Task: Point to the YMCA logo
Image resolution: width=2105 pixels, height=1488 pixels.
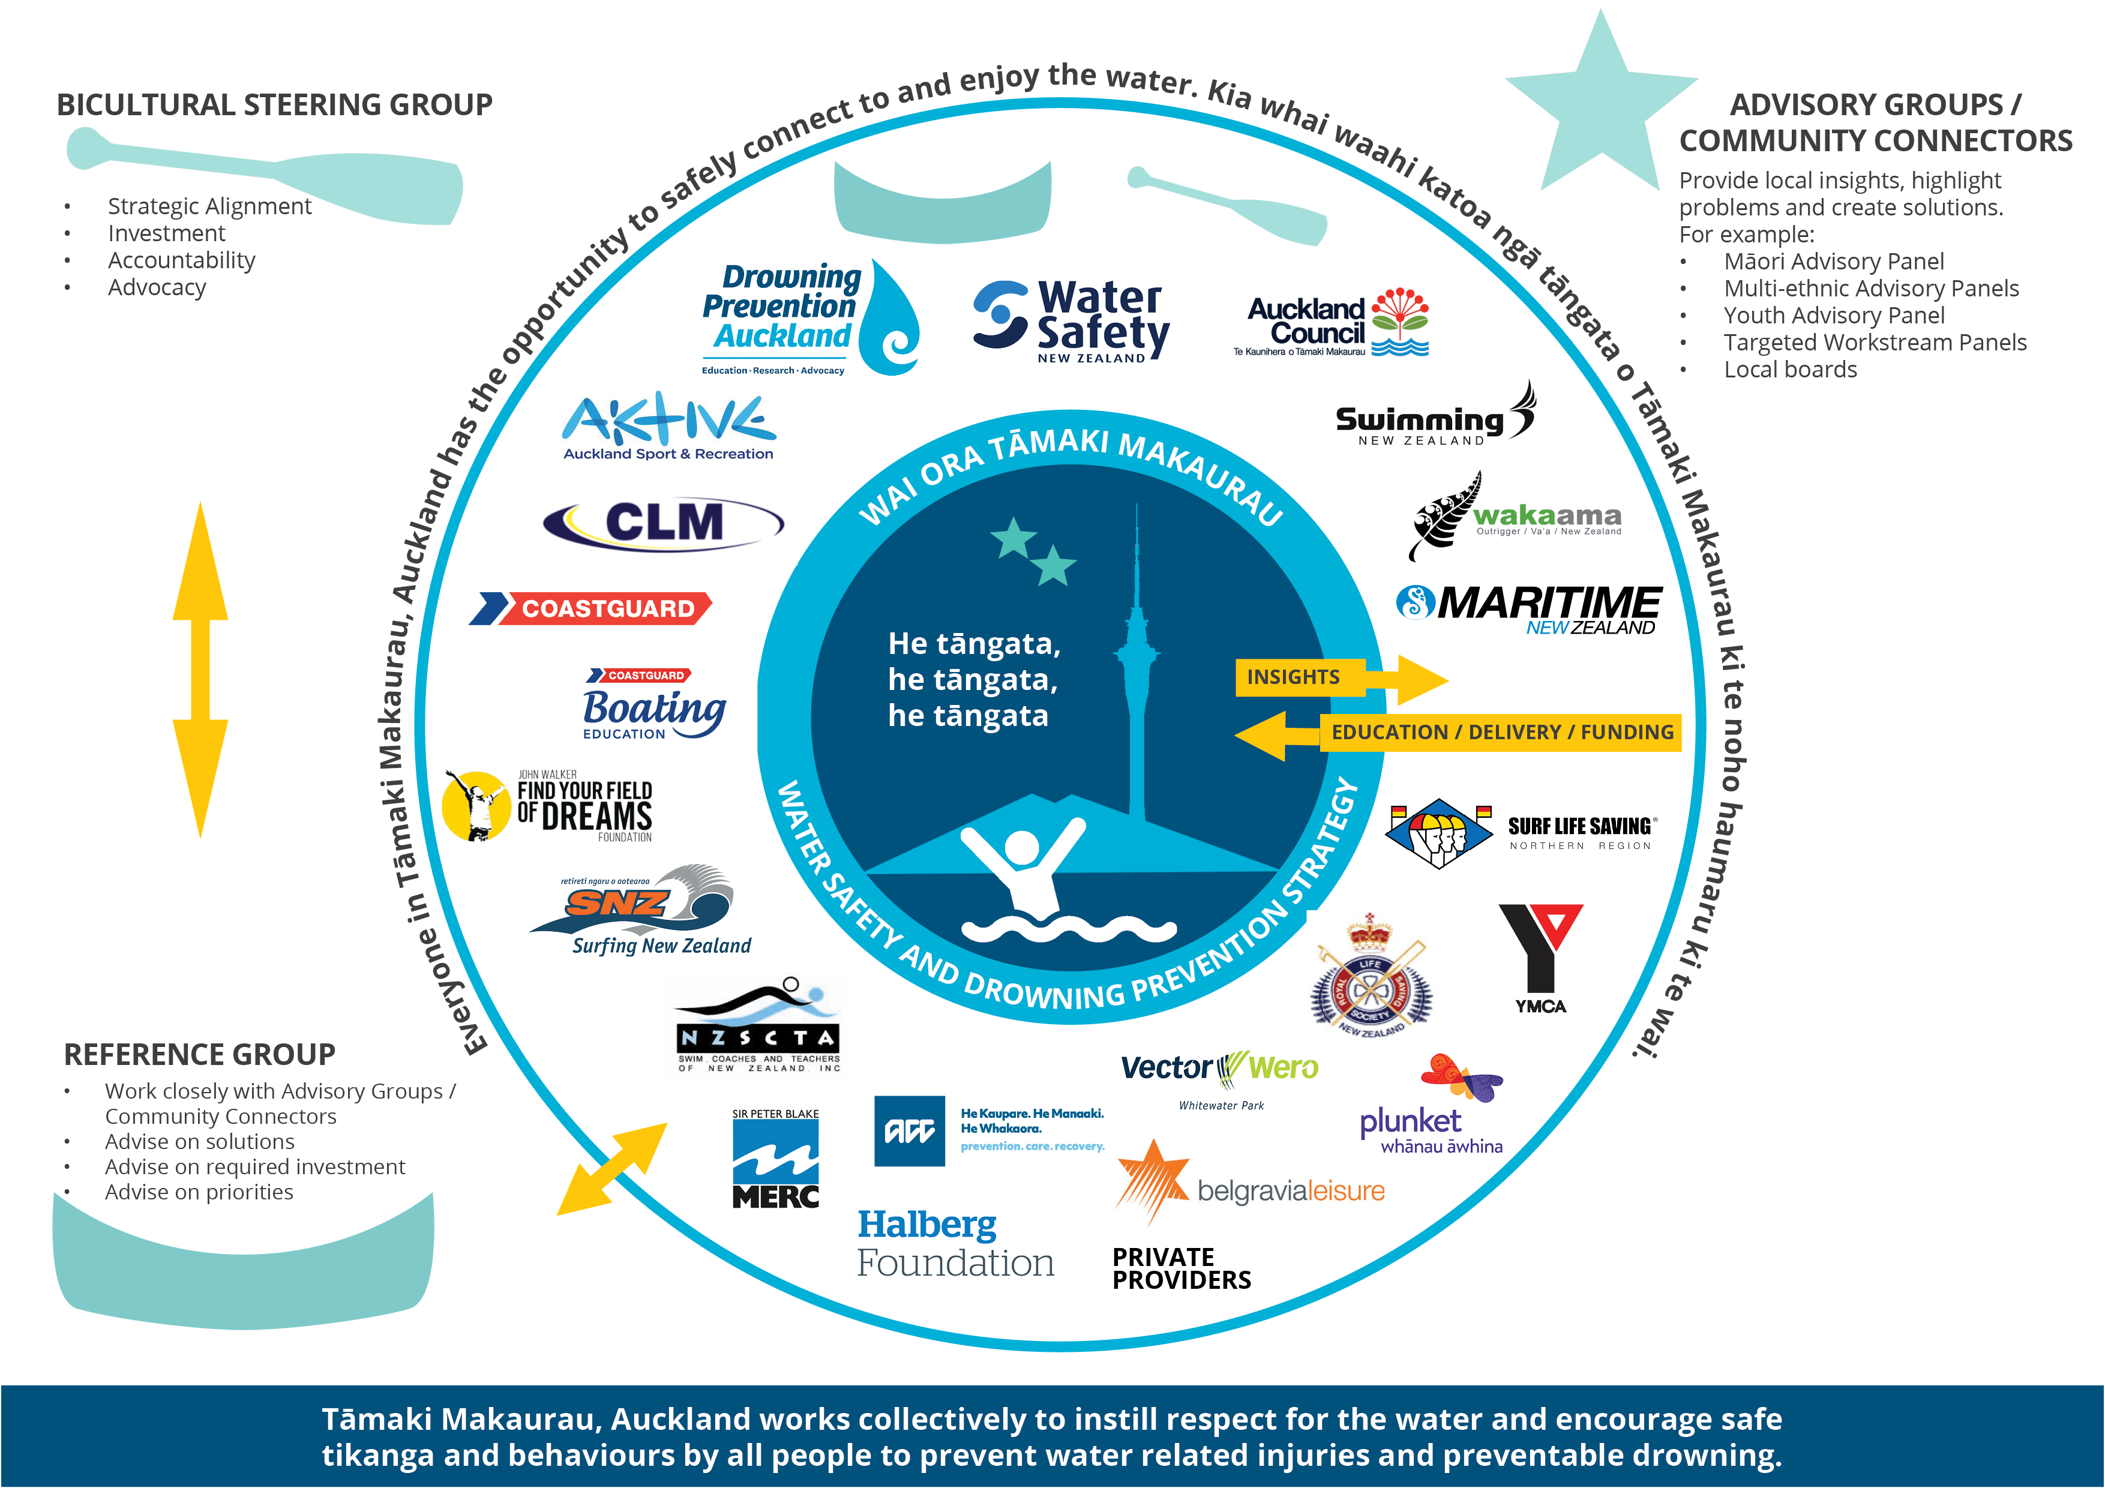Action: tap(1540, 958)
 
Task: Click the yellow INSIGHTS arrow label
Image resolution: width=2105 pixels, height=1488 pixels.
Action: tap(1294, 677)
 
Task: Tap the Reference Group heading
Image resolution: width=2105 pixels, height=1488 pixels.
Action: tap(199, 1054)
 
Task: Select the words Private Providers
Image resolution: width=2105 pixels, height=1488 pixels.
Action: tap(1181, 1268)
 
